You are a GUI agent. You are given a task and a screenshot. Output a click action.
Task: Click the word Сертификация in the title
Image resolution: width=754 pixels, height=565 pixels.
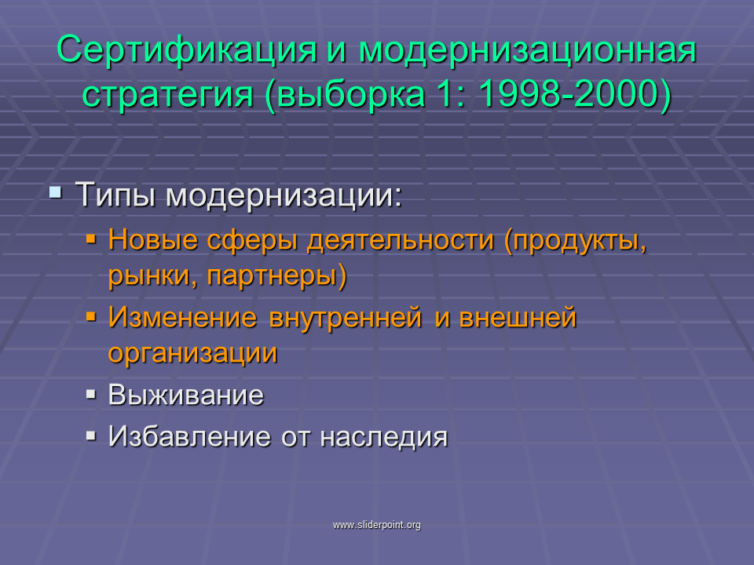(x=187, y=50)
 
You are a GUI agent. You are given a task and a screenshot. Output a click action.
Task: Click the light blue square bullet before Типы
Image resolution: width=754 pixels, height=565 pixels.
(x=55, y=193)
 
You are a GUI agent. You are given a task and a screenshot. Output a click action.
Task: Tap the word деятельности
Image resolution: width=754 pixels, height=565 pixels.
(x=401, y=240)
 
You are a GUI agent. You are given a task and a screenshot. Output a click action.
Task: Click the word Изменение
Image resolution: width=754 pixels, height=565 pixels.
(x=183, y=318)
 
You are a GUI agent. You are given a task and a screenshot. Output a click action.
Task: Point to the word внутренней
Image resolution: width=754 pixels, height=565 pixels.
(x=346, y=319)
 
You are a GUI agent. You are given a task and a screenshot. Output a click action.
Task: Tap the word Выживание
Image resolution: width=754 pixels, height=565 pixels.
(x=186, y=395)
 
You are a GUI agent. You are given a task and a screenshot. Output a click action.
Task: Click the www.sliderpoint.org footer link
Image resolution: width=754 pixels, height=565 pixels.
(x=377, y=525)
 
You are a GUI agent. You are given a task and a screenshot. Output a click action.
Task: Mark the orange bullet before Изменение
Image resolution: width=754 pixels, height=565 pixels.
(x=91, y=317)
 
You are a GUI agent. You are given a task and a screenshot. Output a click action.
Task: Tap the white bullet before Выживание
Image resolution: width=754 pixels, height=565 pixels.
(x=91, y=395)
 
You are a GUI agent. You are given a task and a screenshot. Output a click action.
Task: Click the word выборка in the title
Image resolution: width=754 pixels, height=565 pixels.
(x=351, y=95)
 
